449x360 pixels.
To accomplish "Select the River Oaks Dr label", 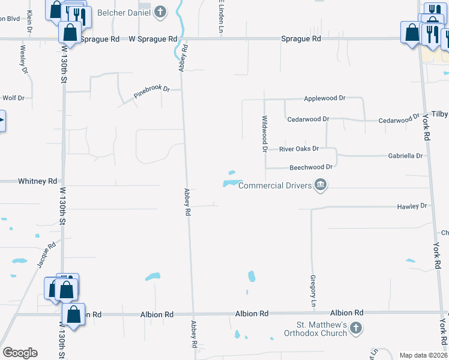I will point(298,148).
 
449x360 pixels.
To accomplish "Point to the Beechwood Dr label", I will point(311,167).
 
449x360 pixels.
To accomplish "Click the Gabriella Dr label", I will point(405,155).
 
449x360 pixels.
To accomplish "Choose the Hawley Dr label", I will point(411,206).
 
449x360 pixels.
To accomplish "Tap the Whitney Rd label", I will point(37,181).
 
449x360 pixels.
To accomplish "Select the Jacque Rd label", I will point(46,254).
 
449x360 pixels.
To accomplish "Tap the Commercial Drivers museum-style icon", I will point(321,184).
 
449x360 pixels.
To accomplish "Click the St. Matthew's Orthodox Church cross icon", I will point(356,328).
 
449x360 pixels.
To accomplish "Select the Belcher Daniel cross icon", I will point(160,11).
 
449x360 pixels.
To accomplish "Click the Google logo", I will point(20,353).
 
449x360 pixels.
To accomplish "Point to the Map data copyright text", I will point(423,355).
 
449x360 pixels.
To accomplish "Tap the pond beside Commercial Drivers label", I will point(231,182).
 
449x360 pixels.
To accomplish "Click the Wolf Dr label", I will point(13,97).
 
